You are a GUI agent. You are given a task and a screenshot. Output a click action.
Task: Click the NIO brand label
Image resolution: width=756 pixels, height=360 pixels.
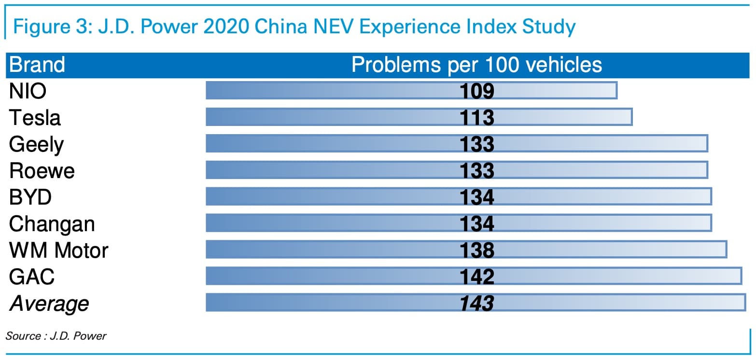[28, 91]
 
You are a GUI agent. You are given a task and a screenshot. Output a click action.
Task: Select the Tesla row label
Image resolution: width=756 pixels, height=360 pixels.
[35, 118]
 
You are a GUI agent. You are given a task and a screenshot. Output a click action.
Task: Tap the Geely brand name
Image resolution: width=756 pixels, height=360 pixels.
[36, 144]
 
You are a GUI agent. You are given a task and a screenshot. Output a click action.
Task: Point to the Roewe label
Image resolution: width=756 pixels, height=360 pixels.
[42, 170]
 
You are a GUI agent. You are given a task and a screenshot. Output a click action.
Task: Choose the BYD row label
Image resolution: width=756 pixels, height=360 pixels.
[30, 197]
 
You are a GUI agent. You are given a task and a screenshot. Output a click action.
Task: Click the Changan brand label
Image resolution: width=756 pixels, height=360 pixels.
[52, 224]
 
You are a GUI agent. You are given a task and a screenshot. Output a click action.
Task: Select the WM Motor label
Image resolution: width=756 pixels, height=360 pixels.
[58, 250]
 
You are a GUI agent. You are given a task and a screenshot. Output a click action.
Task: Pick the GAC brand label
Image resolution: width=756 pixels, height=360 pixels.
[32, 277]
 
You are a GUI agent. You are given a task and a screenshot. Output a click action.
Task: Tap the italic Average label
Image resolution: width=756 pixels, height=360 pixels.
[49, 304]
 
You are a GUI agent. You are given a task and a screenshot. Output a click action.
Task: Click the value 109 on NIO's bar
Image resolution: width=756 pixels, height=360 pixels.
[477, 91]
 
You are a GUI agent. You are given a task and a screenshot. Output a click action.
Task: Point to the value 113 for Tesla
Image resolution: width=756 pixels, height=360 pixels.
[477, 118]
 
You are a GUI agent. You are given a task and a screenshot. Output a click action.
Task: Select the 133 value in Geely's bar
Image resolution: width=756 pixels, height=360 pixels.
[477, 144]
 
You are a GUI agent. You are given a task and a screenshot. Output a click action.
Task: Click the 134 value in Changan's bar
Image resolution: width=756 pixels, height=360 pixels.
[477, 224]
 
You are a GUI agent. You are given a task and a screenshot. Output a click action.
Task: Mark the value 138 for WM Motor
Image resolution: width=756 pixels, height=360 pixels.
[477, 250]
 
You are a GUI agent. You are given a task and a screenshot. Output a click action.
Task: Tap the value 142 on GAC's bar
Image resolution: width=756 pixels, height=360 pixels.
[477, 277]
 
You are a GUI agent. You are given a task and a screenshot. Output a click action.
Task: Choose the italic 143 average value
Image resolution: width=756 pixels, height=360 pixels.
[477, 304]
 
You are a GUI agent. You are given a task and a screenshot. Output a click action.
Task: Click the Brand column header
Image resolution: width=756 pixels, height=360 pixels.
[37, 65]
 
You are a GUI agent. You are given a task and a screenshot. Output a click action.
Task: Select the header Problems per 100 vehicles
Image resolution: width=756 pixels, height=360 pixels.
[476, 65]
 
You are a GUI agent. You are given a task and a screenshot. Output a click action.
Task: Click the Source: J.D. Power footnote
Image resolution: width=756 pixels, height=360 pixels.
[56, 336]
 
